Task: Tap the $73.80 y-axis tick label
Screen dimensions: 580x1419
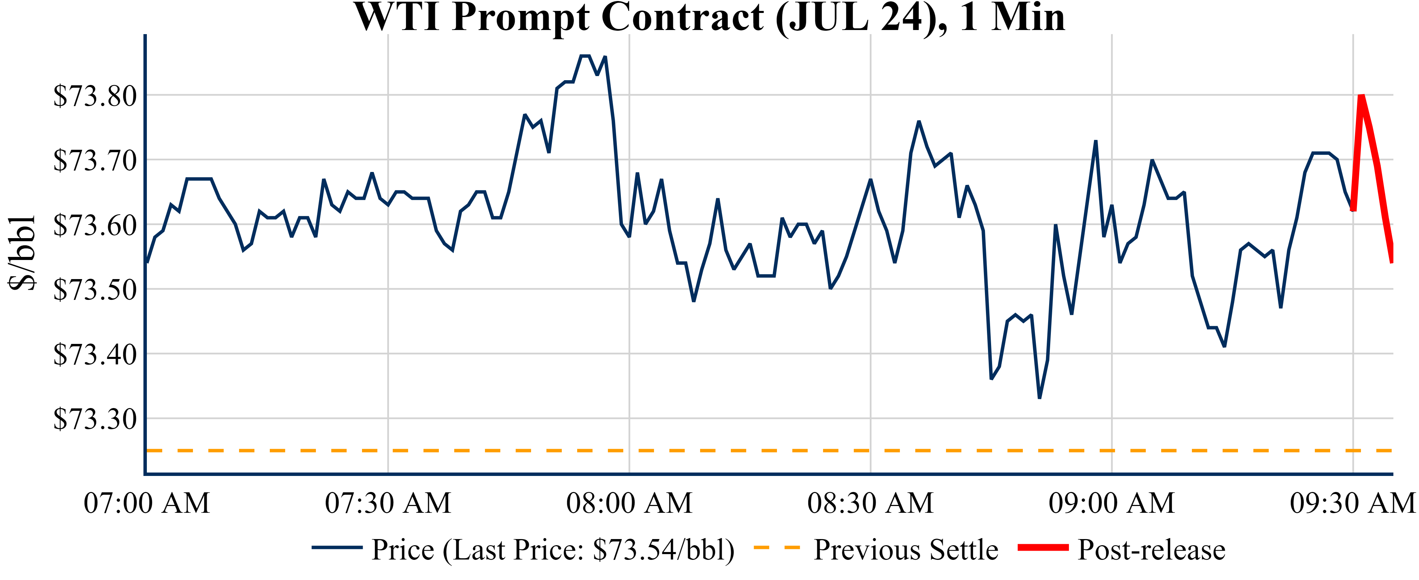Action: pyautogui.click(x=95, y=96)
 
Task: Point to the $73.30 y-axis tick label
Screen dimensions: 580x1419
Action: pyautogui.click(x=95, y=419)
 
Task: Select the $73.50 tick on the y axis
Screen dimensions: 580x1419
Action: pyautogui.click(x=95, y=290)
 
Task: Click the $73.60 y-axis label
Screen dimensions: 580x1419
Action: pyautogui.click(x=95, y=225)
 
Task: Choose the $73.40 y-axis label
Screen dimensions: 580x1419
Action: pyautogui.click(x=95, y=355)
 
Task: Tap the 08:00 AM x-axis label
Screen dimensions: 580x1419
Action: pyautogui.click(x=629, y=503)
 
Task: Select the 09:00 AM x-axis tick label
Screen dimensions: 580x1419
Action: pyautogui.click(x=1112, y=503)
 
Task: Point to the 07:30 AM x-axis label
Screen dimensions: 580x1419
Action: pyautogui.click(x=388, y=503)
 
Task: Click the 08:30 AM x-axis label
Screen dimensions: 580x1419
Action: pyautogui.click(x=870, y=503)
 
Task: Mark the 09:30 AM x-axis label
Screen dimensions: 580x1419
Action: pyautogui.click(x=1352, y=503)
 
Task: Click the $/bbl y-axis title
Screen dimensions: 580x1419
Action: pyautogui.click(x=22, y=253)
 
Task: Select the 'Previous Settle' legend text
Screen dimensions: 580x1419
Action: pyautogui.click(x=906, y=550)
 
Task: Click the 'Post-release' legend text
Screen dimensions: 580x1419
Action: pyautogui.click(x=1151, y=550)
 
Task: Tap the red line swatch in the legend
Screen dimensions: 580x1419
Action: pyautogui.click(x=1043, y=548)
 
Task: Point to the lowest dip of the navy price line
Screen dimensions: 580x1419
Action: pyautogui.click(x=1040, y=397)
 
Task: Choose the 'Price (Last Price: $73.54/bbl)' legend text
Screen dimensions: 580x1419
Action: pyautogui.click(x=553, y=550)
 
